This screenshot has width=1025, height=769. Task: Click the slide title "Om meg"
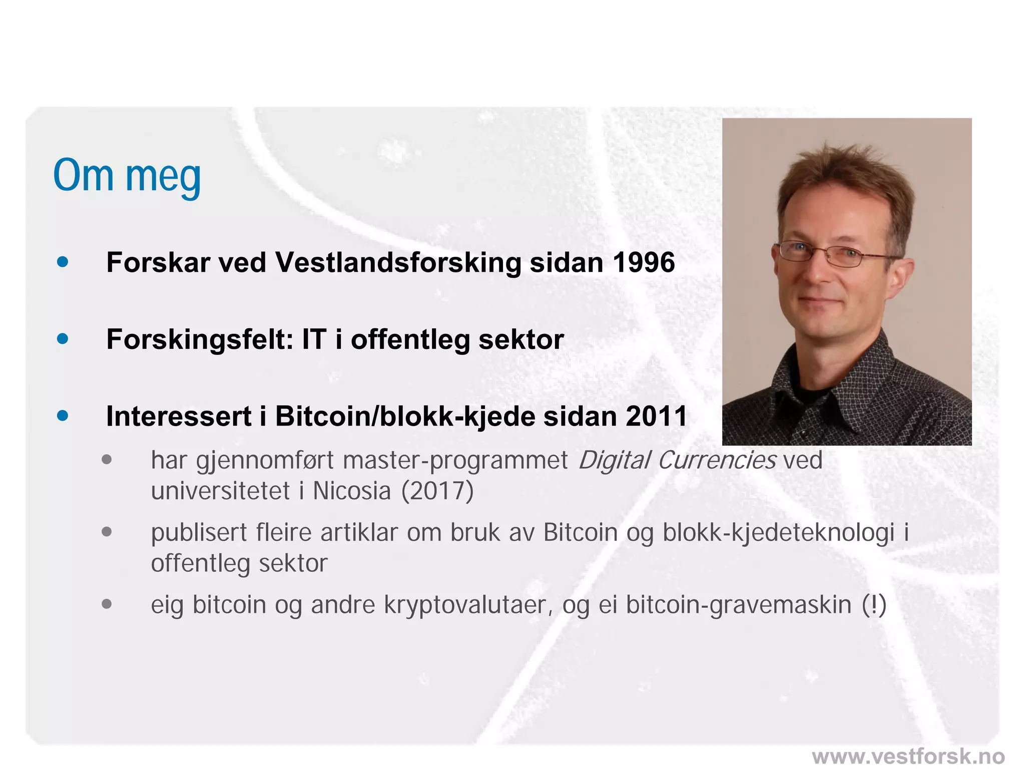127,176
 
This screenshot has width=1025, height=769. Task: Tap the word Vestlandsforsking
398,263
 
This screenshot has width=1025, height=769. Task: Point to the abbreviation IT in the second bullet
314,339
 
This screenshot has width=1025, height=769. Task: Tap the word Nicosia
352,491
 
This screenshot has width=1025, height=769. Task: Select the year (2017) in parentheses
437,491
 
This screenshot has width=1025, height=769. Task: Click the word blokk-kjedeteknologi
778,533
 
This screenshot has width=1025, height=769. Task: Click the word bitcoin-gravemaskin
739,605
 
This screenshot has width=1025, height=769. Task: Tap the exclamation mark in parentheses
874,605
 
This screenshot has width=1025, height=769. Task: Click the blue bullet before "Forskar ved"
63,262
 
